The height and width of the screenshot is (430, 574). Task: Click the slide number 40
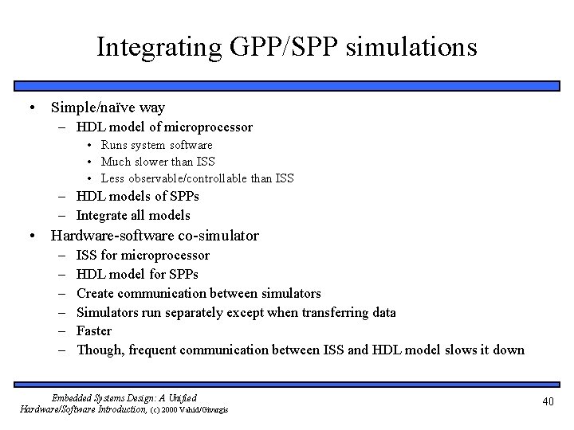click(x=548, y=402)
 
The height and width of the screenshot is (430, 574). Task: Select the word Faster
click(x=94, y=330)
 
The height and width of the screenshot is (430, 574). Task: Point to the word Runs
click(x=116, y=145)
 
